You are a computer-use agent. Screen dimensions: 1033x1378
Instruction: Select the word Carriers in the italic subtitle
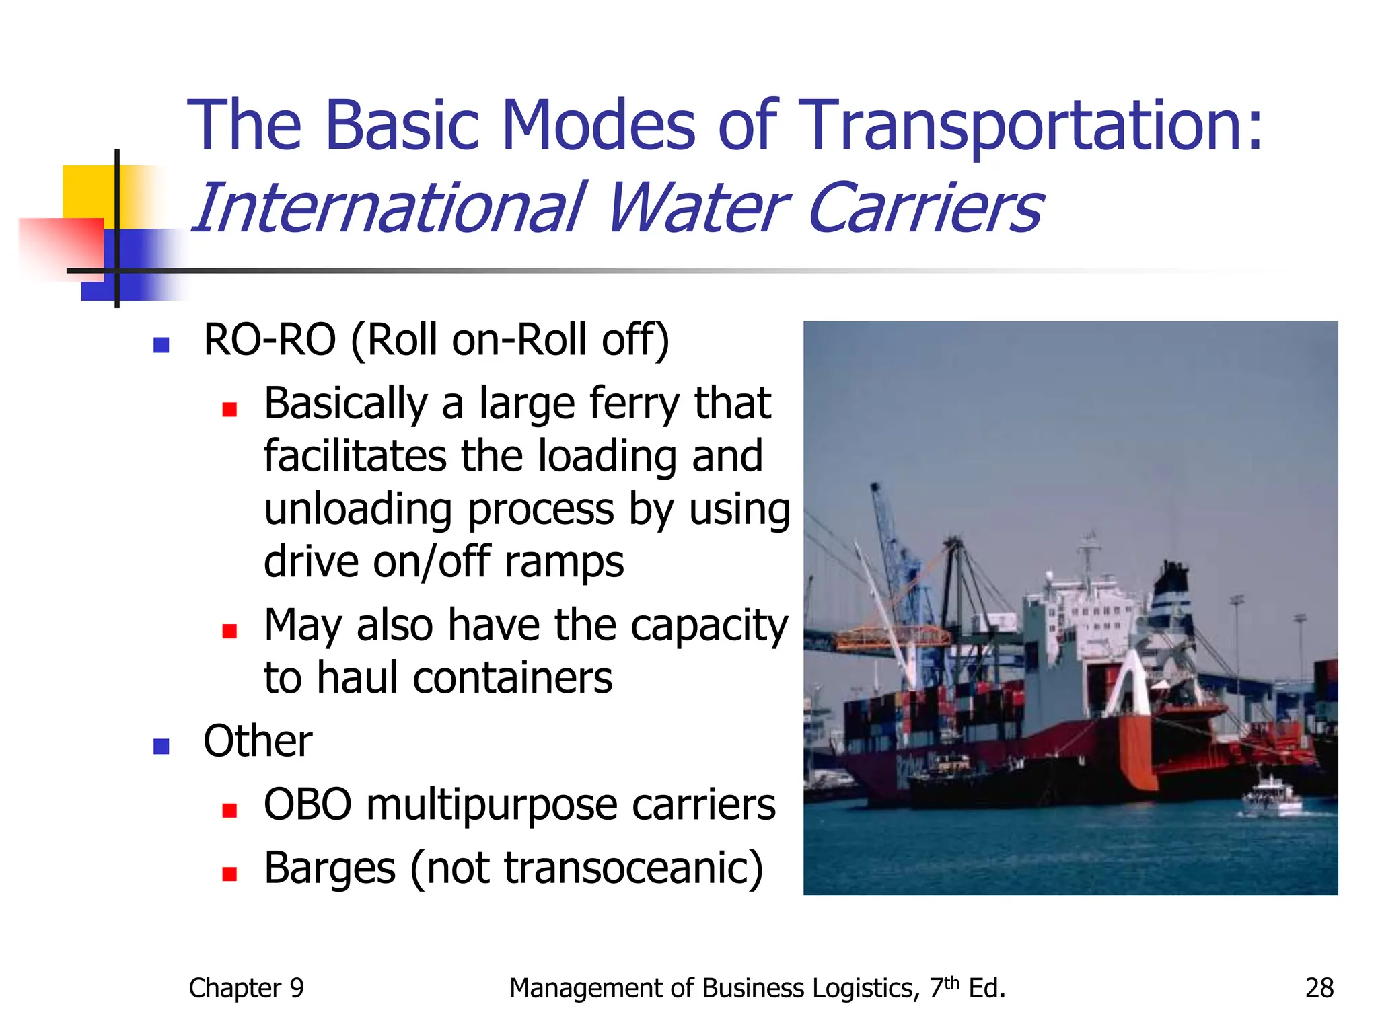coord(924,208)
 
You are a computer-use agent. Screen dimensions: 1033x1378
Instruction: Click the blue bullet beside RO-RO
coord(161,345)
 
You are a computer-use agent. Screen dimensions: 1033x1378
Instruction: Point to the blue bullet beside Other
coord(161,746)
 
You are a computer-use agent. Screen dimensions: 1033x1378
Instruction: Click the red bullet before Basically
coord(229,409)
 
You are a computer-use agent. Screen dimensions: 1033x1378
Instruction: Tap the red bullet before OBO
coord(229,810)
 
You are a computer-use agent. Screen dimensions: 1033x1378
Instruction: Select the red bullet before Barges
coord(229,873)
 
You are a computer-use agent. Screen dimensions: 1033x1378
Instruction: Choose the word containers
coord(512,678)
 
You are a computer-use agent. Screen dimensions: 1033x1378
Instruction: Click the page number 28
coord(1319,988)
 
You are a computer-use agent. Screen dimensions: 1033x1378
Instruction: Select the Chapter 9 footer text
coord(246,988)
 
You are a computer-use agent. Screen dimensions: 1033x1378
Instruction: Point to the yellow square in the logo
coord(87,192)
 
